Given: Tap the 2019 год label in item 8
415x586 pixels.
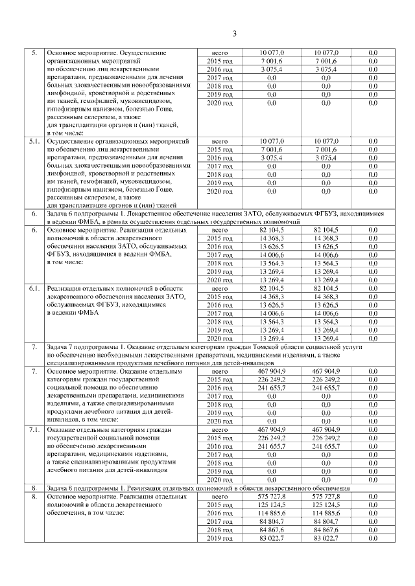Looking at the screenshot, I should [219, 539].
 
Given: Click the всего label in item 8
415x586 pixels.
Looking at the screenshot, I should [219, 496].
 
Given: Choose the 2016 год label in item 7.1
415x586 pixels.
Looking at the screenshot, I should [219, 447].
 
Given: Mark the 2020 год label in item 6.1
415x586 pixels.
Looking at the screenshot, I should [219, 339].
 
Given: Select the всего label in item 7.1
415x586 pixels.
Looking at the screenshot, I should [219, 429].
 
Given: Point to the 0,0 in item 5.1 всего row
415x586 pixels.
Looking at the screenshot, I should [373, 141].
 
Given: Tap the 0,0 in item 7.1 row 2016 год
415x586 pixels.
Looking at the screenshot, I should [373, 447].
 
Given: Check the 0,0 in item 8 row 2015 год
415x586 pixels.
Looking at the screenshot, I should [373, 504].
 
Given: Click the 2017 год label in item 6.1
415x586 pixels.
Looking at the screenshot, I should [219, 313].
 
